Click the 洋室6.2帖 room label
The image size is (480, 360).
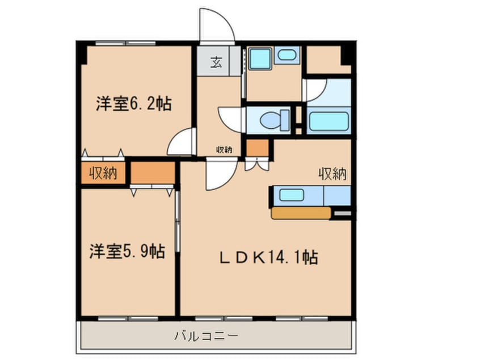(x=133, y=104)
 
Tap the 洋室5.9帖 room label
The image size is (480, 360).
(x=127, y=250)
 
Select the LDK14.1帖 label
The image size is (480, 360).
(x=268, y=258)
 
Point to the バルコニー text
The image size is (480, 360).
(x=206, y=336)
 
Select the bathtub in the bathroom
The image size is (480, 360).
(x=328, y=121)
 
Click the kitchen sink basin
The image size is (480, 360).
(x=292, y=195)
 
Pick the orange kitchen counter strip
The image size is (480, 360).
(x=301, y=213)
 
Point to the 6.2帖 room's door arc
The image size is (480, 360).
(x=182, y=142)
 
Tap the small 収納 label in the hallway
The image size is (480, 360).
(x=224, y=150)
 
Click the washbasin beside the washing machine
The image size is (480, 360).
(x=287, y=56)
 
